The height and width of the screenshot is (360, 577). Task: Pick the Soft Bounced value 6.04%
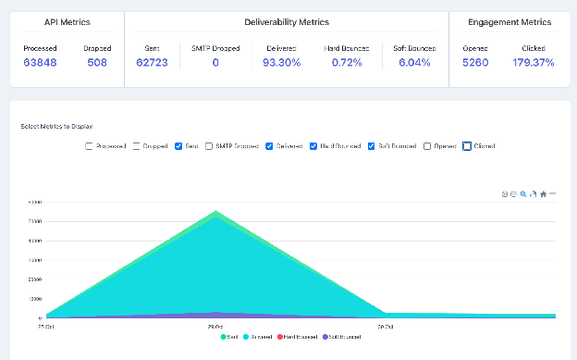click(413, 63)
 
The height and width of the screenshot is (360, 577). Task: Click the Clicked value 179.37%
click(533, 63)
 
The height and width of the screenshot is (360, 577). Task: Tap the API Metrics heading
click(67, 21)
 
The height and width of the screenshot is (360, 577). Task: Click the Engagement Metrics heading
click(509, 21)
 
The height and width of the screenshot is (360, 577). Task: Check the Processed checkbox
click(89, 146)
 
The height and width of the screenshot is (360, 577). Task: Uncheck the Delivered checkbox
click(269, 146)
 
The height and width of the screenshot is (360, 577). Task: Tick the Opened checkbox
click(427, 146)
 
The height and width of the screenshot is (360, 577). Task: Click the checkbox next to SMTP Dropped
click(209, 146)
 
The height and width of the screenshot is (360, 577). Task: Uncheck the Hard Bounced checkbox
click(313, 146)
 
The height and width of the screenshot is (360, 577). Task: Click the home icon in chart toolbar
click(543, 194)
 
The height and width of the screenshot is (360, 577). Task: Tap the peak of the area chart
click(216, 212)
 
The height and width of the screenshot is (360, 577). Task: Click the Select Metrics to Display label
click(55, 126)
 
